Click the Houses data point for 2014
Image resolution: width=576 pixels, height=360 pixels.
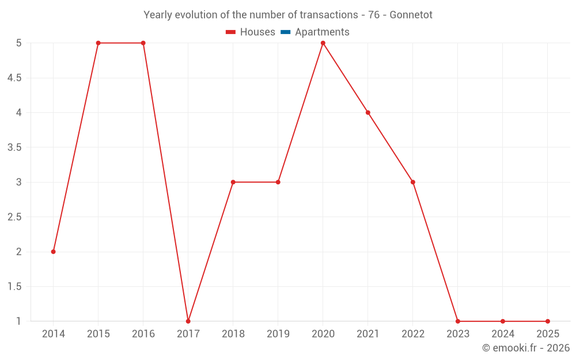[54, 252]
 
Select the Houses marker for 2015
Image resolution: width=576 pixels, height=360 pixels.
[98, 43]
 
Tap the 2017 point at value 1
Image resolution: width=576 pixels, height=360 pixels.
[188, 321]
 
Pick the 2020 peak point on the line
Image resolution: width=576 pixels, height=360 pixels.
[323, 43]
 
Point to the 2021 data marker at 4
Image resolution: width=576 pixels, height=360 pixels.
[368, 112]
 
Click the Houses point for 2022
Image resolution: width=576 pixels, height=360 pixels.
[413, 182]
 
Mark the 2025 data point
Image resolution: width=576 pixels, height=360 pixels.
[548, 321]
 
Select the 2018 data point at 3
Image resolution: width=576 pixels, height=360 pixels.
[233, 182]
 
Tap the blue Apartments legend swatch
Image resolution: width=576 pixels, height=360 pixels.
[285, 32]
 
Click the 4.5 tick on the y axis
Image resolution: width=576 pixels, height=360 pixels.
[14, 78]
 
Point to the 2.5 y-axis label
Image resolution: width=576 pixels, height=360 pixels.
[14, 217]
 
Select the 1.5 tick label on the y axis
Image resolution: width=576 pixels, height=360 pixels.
[14, 287]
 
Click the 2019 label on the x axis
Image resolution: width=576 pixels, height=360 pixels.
[278, 334]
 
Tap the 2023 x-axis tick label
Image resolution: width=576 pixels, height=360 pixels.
[458, 334]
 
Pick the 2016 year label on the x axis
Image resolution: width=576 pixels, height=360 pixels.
[143, 334]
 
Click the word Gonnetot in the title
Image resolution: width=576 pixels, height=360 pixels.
[411, 15]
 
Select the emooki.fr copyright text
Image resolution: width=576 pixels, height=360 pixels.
[526, 348]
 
